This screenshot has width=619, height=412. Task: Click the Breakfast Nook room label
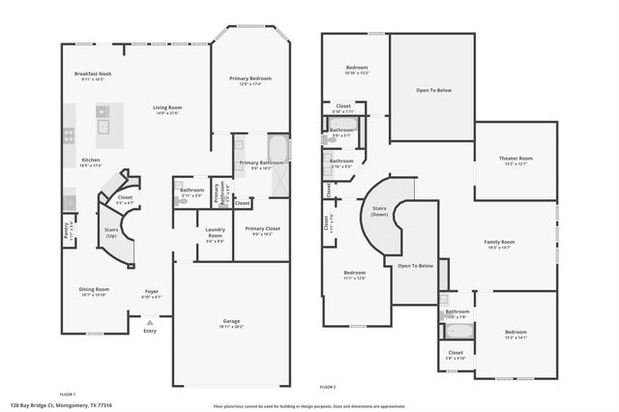[x=94, y=74]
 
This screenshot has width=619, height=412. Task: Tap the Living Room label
[x=167, y=106]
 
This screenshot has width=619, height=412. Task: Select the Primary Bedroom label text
[x=251, y=78]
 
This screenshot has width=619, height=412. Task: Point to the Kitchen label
[x=91, y=160]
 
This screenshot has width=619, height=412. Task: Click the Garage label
[x=232, y=320]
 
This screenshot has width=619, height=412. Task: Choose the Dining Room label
[x=94, y=289]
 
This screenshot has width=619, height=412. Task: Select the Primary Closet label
[x=261, y=229]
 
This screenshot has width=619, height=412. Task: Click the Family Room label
[x=499, y=242]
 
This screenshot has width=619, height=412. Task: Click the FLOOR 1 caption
[x=68, y=394]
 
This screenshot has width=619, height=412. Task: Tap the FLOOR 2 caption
[x=328, y=387]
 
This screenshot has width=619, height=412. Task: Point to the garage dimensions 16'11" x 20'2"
[x=232, y=327]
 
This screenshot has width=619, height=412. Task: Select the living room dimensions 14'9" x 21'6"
[x=167, y=113]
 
